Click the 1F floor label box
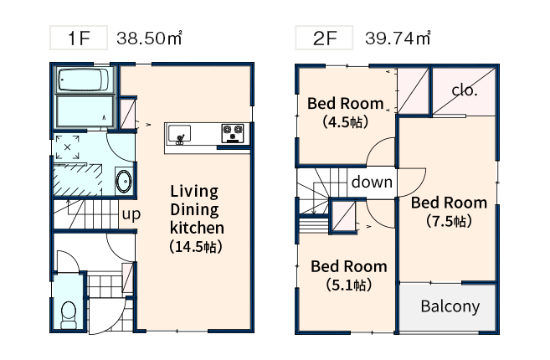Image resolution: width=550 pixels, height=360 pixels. [78, 38]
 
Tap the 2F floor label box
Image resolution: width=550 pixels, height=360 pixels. [324, 38]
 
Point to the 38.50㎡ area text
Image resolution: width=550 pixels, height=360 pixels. [149, 38]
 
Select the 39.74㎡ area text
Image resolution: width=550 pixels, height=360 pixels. [398, 38]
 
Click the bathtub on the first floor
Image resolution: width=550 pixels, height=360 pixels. [84, 80]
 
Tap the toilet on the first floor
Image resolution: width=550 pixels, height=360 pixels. [69, 315]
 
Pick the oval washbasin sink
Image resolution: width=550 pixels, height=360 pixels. [123, 181]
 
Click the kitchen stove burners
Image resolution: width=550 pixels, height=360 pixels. [232, 133]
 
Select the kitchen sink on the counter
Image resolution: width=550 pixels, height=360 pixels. [179, 134]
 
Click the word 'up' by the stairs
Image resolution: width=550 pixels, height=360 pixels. [131, 214]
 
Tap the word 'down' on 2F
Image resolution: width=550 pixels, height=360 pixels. [372, 183]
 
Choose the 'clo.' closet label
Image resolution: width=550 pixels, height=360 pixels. [465, 90]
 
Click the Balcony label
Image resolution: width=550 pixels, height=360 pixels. [450, 306]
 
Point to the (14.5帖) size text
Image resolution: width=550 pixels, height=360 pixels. [196, 246]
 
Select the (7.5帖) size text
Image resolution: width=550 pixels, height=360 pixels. [449, 221]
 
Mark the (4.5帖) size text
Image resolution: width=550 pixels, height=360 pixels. [346, 121]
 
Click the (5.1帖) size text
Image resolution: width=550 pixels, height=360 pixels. [348, 285]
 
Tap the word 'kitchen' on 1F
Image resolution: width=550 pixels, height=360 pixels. [197, 228]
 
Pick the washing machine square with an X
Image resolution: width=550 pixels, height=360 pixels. [67, 147]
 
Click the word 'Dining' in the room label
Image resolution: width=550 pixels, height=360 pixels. [194, 210]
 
